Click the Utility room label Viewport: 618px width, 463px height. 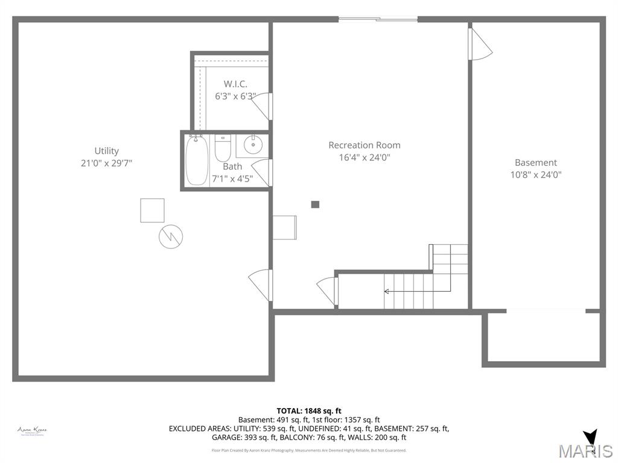[x=106, y=151]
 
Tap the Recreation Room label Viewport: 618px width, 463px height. [x=364, y=145]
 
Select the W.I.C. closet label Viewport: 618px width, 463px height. [x=235, y=84]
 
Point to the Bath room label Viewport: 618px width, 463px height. [x=232, y=166]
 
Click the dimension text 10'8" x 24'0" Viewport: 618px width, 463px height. [x=536, y=175]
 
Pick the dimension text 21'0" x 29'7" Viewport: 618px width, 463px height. [x=106, y=163]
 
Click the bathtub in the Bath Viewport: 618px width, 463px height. [x=197, y=160]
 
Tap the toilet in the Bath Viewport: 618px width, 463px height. [x=223, y=148]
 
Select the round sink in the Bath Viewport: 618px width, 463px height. [x=252, y=145]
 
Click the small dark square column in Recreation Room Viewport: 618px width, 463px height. [x=315, y=204]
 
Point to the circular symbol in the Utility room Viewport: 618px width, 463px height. [x=171, y=236]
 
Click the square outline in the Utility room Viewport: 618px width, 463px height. [x=152, y=210]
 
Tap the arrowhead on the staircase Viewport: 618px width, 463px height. [x=387, y=291]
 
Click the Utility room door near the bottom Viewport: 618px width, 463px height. [x=261, y=284]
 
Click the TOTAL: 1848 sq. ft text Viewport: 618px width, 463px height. [x=309, y=411]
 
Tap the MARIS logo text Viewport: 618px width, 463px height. [x=585, y=450]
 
